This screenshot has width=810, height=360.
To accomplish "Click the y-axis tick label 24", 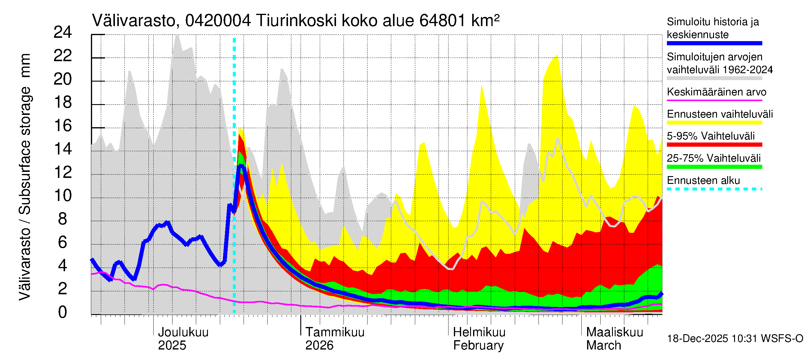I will click(x=63, y=32).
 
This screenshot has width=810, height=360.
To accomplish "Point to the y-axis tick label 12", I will click(x=63, y=172).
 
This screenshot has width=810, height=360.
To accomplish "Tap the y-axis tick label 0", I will click(x=63, y=312).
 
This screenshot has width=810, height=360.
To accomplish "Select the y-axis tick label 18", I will click(x=63, y=103).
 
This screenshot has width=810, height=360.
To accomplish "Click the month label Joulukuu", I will click(x=183, y=332).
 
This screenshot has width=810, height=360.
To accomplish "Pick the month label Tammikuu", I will click(x=335, y=332).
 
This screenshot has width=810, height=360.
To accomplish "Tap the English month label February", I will click(x=478, y=346).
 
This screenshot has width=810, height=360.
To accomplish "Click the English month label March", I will click(x=603, y=346).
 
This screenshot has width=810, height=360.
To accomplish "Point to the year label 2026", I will click(x=319, y=346).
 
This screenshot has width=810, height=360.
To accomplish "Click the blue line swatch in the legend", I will click(x=714, y=43).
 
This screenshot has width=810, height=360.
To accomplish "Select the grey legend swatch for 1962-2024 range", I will click(x=714, y=78).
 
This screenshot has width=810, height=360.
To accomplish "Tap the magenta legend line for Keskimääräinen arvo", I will click(x=714, y=100).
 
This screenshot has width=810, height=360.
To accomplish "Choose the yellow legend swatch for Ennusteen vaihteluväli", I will click(x=714, y=123).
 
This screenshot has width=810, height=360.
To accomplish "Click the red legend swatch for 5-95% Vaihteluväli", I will click(x=714, y=145).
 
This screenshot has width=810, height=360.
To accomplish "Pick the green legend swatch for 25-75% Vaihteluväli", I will click(x=714, y=167).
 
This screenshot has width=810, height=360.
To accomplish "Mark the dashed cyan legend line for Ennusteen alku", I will click(x=714, y=189).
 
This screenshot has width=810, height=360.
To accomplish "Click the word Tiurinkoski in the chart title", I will click(x=296, y=21).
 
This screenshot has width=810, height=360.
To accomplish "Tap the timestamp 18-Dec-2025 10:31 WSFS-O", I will click(x=735, y=339).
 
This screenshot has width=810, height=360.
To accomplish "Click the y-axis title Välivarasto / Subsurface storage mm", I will click(x=25, y=177).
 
